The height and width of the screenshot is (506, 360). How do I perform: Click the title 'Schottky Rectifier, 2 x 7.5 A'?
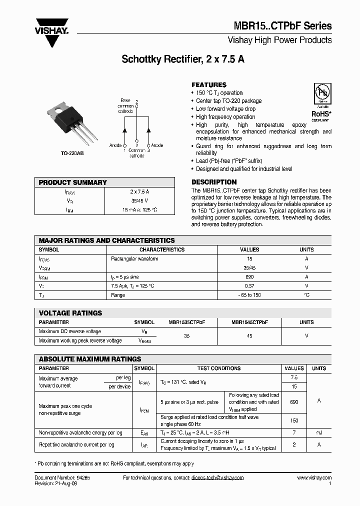point(183,59)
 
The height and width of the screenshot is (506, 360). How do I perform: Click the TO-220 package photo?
point(67,120)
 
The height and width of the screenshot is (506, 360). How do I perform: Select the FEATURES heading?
point(209,85)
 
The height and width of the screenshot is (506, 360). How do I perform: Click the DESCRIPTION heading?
point(214,182)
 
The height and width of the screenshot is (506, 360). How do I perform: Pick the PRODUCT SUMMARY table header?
point(73,182)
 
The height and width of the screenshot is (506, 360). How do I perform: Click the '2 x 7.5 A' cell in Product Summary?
point(139,192)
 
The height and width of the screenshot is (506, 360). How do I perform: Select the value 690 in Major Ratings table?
point(249,276)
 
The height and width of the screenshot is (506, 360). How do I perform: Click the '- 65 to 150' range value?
point(249,295)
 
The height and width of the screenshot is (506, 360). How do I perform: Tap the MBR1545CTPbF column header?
point(249,322)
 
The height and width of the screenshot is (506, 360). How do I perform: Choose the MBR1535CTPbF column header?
point(186,322)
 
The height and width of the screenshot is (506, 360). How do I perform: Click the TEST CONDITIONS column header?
point(218,368)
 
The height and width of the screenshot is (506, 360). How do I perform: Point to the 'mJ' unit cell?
point(319,432)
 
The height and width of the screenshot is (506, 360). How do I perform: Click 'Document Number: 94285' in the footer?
point(62,478)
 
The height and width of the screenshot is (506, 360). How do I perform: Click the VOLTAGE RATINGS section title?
point(70,313)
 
